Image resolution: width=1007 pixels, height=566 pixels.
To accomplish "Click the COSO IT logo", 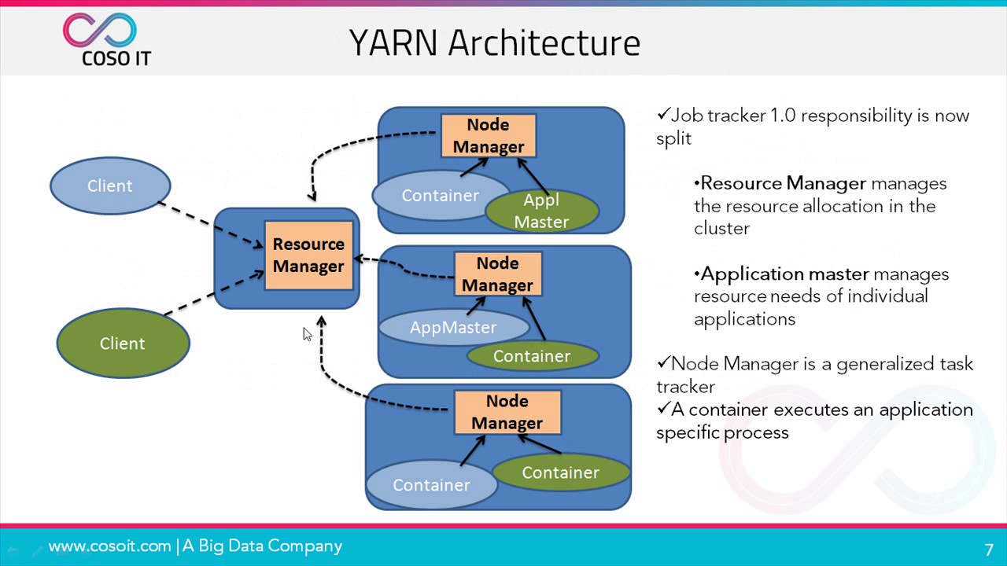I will (x=106, y=39).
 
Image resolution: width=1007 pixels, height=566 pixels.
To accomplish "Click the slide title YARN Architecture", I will (x=494, y=42).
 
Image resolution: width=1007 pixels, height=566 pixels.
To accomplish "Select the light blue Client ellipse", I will (x=110, y=186).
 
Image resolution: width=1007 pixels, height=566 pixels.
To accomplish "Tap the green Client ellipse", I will (x=123, y=344).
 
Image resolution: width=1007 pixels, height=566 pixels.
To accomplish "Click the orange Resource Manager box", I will (x=308, y=255).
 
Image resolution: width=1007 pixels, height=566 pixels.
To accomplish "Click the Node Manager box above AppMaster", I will (x=497, y=274).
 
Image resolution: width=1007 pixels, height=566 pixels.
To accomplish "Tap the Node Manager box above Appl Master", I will (x=488, y=135).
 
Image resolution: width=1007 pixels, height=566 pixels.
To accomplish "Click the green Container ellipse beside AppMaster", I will (x=532, y=357).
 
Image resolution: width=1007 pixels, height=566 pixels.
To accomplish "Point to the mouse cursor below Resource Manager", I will (x=306, y=333).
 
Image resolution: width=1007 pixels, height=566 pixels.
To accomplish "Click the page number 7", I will (x=989, y=549).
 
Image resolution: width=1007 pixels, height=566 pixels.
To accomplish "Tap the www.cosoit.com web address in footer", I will (x=109, y=546).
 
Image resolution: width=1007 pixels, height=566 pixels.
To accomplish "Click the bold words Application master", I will (x=784, y=274).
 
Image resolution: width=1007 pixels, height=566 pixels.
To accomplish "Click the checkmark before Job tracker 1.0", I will (x=662, y=116).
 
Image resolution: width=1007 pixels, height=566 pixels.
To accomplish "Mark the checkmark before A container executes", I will (x=662, y=409).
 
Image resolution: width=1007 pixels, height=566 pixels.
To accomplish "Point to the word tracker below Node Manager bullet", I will (x=686, y=387).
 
